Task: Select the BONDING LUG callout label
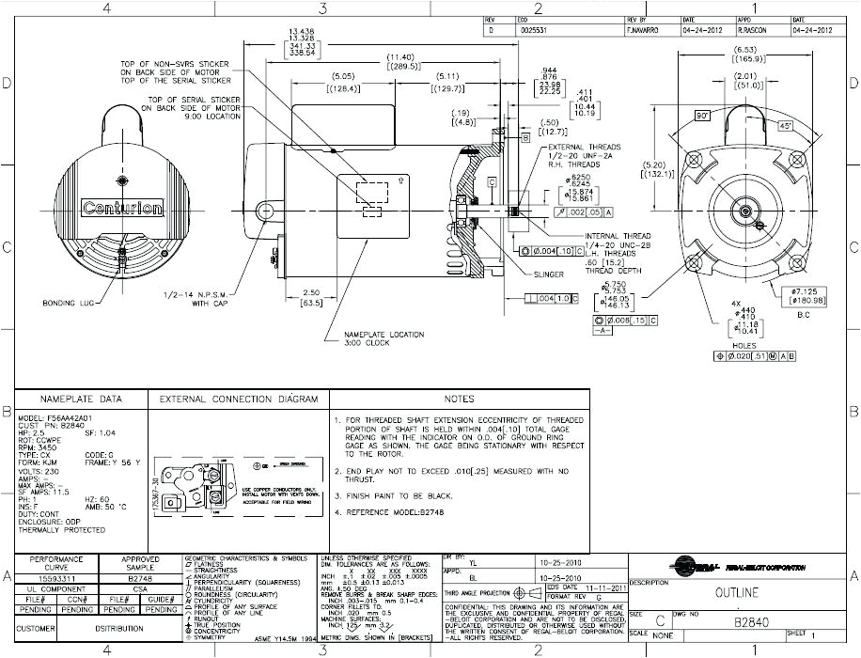click(x=65, y=304)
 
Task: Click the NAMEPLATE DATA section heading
click(x=79, y=399)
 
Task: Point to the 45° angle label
click(x=784, y=124)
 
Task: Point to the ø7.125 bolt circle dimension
click(x=808, y=292)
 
